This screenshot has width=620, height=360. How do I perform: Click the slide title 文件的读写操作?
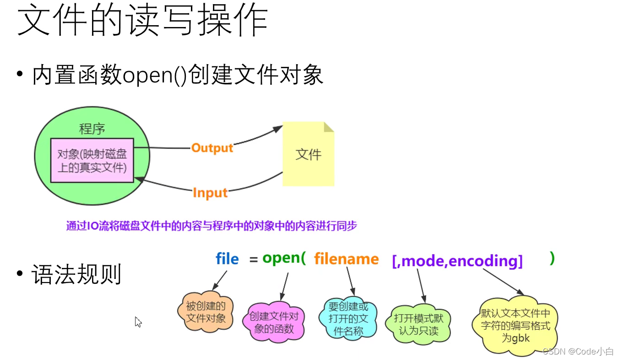(142, 21)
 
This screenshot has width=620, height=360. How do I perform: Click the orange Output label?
(212, 148)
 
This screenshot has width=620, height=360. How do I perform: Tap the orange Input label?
(210, 193)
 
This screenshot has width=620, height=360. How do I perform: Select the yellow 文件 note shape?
(308, 154)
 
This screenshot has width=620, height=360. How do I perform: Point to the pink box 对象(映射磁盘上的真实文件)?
(92, 160)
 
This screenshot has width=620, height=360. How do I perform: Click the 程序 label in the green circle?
(92, 129)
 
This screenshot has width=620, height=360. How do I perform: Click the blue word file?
(227, 259)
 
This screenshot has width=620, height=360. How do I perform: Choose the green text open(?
(283, 258)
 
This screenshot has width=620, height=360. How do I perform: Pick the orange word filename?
(346, 259)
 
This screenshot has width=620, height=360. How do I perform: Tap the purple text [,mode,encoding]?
(457, 261)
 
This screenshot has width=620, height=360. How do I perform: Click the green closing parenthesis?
(552, 258)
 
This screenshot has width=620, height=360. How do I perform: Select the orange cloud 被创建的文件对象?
(206, 312)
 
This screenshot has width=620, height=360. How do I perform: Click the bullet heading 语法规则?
(76, 274)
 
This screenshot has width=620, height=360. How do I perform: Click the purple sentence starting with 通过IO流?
(211, 226)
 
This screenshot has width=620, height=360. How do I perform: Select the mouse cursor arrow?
(138, 322)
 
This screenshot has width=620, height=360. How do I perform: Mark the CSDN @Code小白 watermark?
(578, 351)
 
